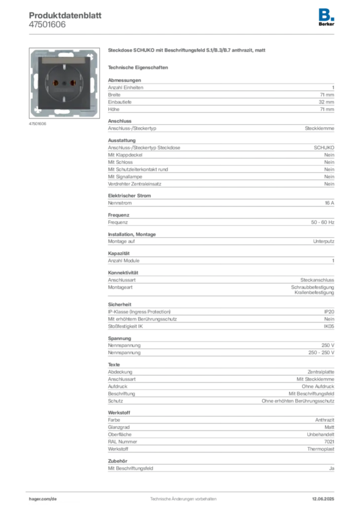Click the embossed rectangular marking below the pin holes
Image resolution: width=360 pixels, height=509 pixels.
point(65,92)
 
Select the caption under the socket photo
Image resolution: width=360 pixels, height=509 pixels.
point(38,124)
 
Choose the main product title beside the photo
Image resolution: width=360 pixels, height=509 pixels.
point(187,51)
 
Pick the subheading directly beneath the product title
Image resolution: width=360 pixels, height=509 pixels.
point(139,67)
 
